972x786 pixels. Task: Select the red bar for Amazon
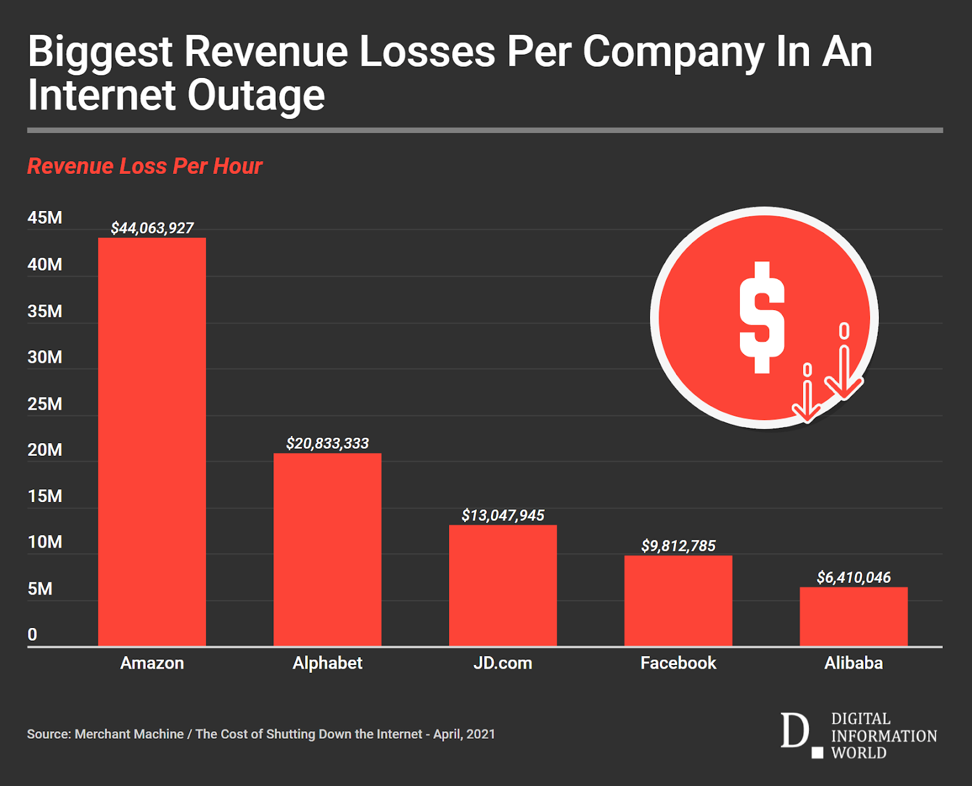[152, 441]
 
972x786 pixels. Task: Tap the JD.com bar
[502, 585]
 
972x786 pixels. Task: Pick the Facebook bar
[678, 600]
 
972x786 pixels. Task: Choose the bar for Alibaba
[853, 616]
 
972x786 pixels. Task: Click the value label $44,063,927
[152, 228]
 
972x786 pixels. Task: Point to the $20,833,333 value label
[327, 443]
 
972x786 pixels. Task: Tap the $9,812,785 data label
[678, 546]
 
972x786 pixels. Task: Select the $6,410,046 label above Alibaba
[853, 577]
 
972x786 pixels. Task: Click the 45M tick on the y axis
[44, 218]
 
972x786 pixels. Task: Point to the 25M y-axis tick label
[44, 404]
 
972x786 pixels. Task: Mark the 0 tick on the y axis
[32, 635]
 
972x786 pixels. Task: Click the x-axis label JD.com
[502, 663]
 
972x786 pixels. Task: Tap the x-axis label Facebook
[678, 663]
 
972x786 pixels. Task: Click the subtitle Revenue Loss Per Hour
[145, 166]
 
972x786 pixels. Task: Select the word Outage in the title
[256, 95]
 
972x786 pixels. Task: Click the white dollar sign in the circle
[761, 317]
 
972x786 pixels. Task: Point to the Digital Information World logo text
[883, 736]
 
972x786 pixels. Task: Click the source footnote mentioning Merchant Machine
[261, 734]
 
